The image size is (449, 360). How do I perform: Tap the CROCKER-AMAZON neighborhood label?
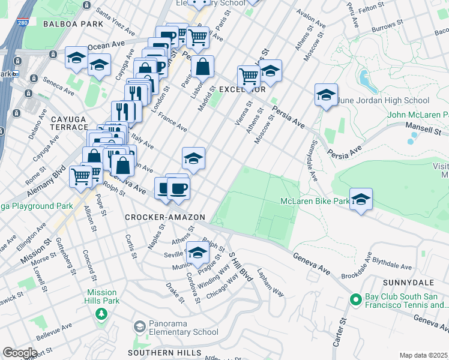pyautogui.click(x=165, y=217)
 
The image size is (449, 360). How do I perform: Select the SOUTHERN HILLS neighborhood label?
pyautogui.click(x=158, y=353)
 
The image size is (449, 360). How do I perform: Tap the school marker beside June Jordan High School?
pyautogui.click(x=326, y=95)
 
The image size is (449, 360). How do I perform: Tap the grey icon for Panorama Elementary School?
pyautogui.click(x=140, y=326)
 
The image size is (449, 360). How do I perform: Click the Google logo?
pyautogui.click(x=19, y=353)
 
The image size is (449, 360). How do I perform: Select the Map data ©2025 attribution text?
pyautogui.click(x=423, y=355)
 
